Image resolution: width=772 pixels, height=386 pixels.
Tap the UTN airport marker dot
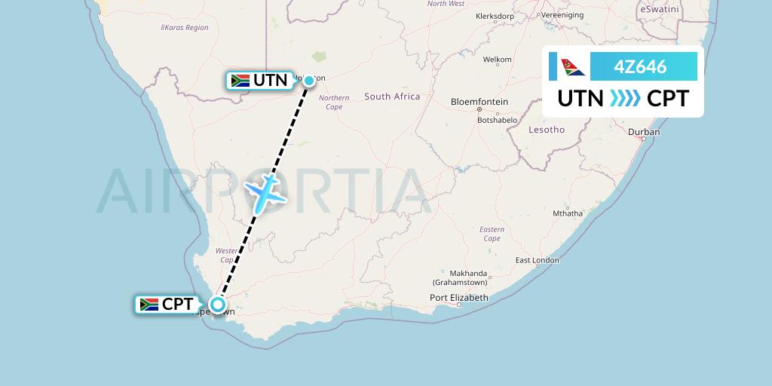[x=308, y=80]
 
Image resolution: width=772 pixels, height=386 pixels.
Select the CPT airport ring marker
[x=218, y=305]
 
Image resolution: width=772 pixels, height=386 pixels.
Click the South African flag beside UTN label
[x=240, y=80]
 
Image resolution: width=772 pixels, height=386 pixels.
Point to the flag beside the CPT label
[x=149, y=305]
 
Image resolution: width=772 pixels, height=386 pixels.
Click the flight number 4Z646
[x=640, y=67]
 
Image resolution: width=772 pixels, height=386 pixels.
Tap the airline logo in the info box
[x=573, y=67]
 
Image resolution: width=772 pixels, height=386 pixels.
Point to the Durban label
[x=643, y=132]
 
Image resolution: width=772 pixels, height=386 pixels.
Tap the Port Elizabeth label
[x=459, y=298]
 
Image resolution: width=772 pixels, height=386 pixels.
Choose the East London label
[x=538, y=261]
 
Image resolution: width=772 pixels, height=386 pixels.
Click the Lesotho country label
[x=547, y=130]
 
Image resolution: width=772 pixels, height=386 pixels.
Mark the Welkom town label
[x=498, y=60]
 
